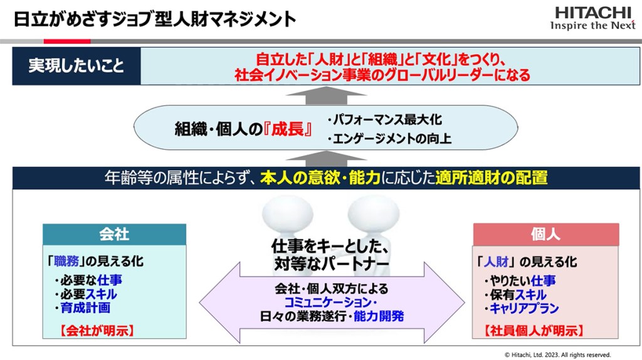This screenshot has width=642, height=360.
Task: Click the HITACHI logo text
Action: (592, 13)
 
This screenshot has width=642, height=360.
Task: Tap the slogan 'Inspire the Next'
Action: (593, 25)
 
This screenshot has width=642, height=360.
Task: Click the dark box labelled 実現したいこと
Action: (76, 66)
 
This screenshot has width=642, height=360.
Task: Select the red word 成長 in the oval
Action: (288, 129)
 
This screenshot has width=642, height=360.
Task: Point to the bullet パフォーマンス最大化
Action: (384, 120)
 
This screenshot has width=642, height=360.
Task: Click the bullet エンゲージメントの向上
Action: (389, 139)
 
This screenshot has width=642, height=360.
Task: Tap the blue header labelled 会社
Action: (114, 235)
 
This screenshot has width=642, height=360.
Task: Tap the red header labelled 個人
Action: (546, 235)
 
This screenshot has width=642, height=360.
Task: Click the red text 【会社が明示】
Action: (97, 331)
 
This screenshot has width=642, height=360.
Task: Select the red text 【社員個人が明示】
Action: (534, 331)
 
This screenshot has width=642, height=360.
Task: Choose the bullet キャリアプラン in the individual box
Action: (521, 309)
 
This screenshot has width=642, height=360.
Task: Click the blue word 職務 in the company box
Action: (66, 262)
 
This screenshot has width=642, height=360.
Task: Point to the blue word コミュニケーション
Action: (328, 303)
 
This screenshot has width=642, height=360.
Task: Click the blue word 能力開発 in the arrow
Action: (379, 316)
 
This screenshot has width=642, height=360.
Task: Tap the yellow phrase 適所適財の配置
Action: (492, 177)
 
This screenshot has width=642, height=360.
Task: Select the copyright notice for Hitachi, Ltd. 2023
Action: (557, 355)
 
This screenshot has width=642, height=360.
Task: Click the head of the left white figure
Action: (288, 213)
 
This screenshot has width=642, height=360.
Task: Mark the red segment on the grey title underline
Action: (67, 41)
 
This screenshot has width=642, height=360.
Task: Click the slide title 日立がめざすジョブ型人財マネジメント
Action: (155, 19)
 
